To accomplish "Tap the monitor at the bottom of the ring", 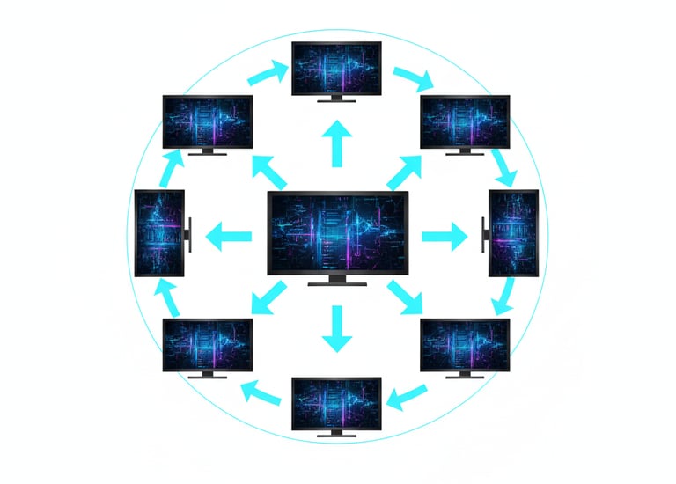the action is point(337,402).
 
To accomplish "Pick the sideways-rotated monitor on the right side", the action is point(511,233).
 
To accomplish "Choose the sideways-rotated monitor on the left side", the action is point(159,234).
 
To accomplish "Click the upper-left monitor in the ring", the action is point(208,121).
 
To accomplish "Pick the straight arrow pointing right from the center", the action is point(445,236).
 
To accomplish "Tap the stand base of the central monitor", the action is point(337,283).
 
